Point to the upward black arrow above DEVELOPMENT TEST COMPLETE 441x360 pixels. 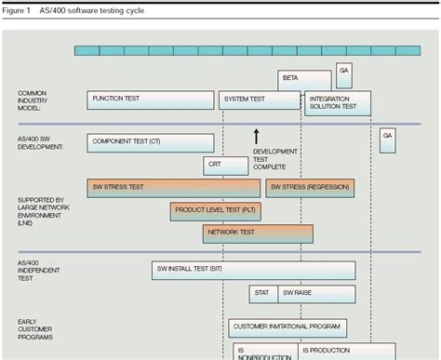tap(256, 137)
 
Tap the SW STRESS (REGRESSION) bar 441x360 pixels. tap(310, 187)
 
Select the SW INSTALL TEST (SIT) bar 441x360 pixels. tap(253, 270)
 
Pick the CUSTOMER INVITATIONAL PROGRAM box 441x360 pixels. tap(287, 327)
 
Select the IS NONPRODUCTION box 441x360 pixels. tap(265, 351)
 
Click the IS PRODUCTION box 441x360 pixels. tap(334, 350)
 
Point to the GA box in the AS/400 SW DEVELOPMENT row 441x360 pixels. tap(387, 140)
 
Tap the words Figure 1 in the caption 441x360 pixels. tap(17, 10)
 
